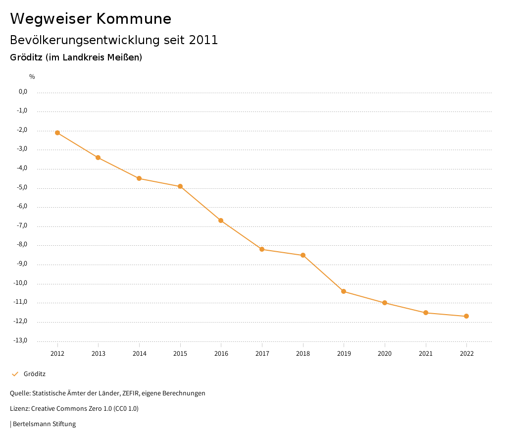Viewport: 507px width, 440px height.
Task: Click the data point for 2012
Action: [x=57, y=133]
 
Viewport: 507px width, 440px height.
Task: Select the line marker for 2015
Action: [x=180, y=186]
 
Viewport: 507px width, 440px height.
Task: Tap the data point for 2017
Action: [x=262, y=249]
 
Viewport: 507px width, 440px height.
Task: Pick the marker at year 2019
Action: [x=344, y=291]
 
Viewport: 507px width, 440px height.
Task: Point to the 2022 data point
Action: [x=466, y=316]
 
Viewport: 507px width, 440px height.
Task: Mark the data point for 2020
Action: [x=385, y=303]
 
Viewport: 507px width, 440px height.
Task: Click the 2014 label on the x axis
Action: [x=139, y=354]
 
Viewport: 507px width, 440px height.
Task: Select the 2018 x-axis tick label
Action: [x=303, y=354]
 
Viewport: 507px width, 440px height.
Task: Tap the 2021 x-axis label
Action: [x=426, y=354]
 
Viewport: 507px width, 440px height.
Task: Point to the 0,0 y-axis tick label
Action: [x=23, y=92]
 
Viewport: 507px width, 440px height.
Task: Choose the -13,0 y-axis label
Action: [x=21, y=340]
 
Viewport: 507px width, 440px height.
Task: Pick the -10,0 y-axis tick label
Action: [x=21, y=283]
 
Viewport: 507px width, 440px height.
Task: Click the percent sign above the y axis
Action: [x=32, y=77]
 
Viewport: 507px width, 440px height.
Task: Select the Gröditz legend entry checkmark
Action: [x=15, y=374]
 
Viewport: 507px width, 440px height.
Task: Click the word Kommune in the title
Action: [x=134, y=19]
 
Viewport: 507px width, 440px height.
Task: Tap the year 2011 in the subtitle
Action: [x=203, y=40]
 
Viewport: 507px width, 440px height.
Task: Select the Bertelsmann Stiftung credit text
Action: [x=44, y=424]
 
